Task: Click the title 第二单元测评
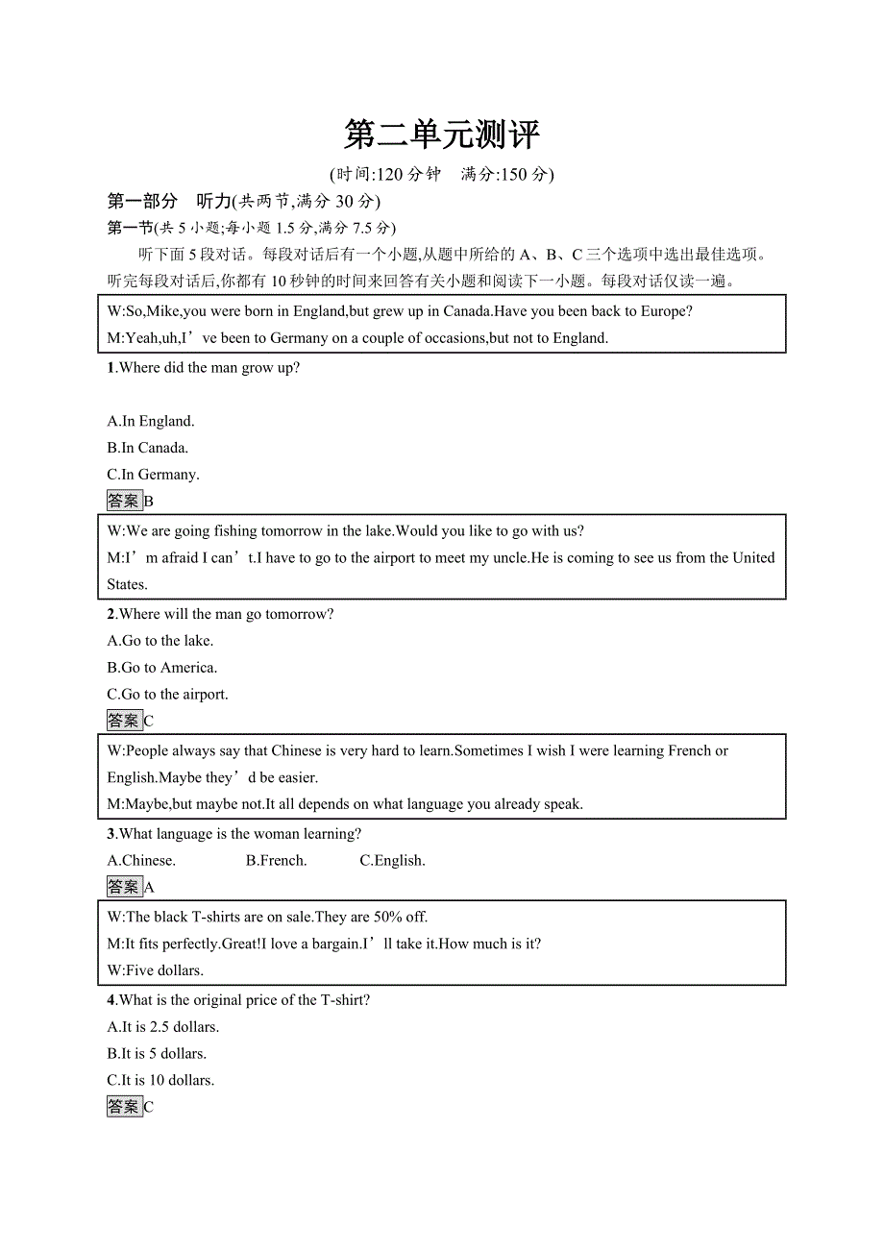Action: click(x=442, y=135)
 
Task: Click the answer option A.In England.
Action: click(x=151, y=421)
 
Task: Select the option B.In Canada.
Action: click(x=148, y=448)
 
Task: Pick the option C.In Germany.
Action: click(x=154, y=475)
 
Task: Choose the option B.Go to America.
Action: click(x=162, y=668)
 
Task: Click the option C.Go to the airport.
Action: click(x=168, y=695)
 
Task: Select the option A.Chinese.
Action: click(x=141, y=861)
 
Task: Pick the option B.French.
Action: click(x=276, y=861)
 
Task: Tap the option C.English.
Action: click(x=392, y=861)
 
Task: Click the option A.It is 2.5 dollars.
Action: click(x=163, y=1027)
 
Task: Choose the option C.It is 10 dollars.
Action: click(x=161, y=1081)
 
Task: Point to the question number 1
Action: click(x=110, y=368)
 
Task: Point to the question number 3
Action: click(x=111, y=834)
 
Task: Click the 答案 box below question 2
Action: click(x=124, y=721)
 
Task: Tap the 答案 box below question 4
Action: click(x=124, y=1107)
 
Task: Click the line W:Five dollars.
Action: click(x=156, y=970)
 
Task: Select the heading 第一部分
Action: click(x=142, y=201)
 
